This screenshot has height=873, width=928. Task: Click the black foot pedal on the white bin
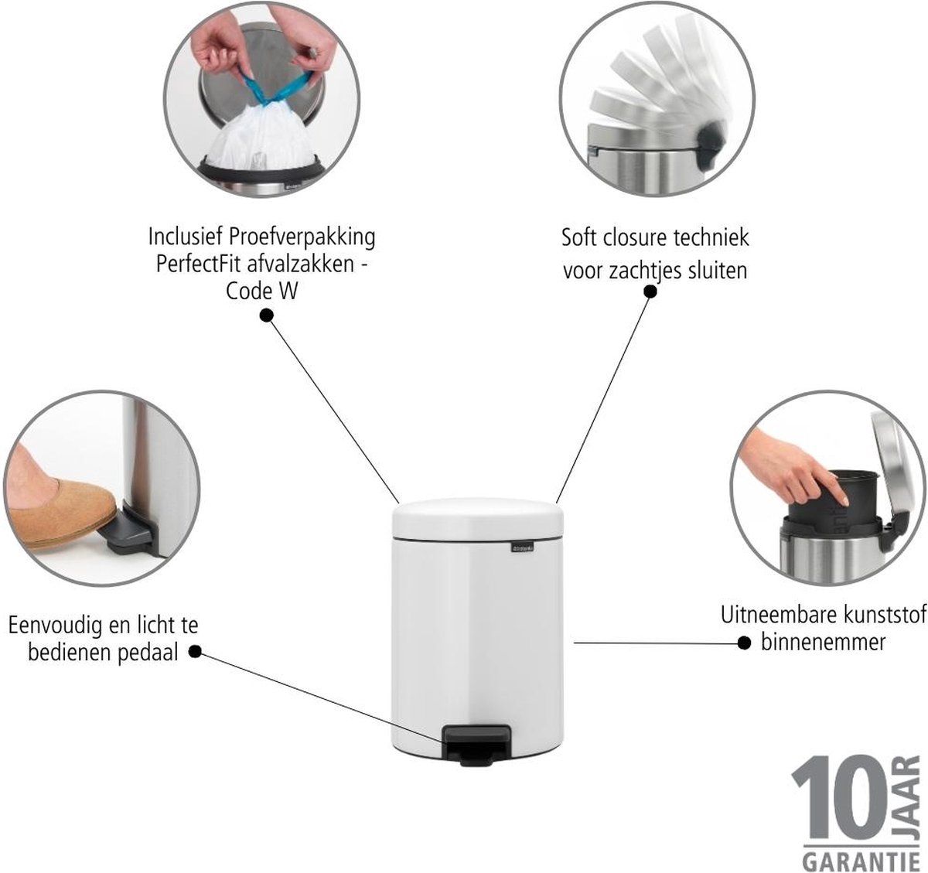tap(476, 746)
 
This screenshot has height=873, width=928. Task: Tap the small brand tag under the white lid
tap(524, 547)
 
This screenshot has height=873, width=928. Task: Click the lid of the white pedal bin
tap(478, 519)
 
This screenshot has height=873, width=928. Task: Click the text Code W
tap(261, 292)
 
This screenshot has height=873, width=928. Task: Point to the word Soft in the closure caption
tap(579, 237)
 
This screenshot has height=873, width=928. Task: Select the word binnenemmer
tap(823, 642)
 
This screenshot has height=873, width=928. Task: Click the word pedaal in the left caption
tap(148, 653)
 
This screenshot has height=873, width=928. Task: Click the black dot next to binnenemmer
tap(745, 643)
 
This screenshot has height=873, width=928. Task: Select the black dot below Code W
tap(266, 315)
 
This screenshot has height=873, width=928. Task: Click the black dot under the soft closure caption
tap(650, 292)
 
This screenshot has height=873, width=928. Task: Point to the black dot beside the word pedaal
tap(196, 652)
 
